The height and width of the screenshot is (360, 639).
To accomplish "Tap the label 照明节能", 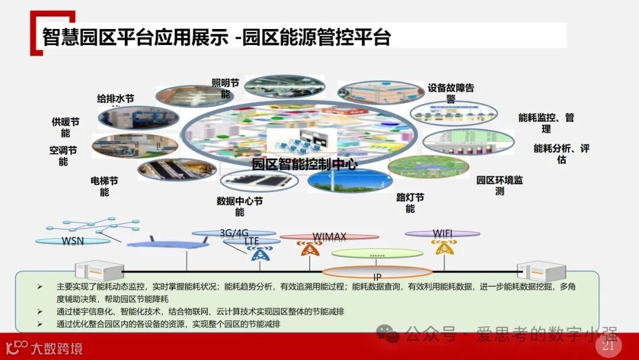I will pos(225,88).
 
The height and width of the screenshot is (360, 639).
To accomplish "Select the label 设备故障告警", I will pos(451,94).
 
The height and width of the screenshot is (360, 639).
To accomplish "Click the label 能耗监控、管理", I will pos(546,123).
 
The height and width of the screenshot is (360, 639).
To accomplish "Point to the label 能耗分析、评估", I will pos(561,153).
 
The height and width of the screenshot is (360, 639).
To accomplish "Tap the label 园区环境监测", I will pos(499,185).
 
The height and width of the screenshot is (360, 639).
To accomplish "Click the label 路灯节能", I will pos(410,202).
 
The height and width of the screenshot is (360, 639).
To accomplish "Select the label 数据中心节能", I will pos(240,206).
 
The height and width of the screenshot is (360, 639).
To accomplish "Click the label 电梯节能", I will pos(104,186).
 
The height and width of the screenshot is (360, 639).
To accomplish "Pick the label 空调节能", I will pos(63,156).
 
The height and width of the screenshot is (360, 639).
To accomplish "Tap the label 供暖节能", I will pos(65,127).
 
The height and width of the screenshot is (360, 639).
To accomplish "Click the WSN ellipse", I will pos(73,241).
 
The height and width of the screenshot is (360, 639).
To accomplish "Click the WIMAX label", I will pos(329,236).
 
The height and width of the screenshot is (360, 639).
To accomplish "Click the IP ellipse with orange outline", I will pos(377,274).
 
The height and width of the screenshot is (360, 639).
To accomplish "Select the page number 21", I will pos(608,346).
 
